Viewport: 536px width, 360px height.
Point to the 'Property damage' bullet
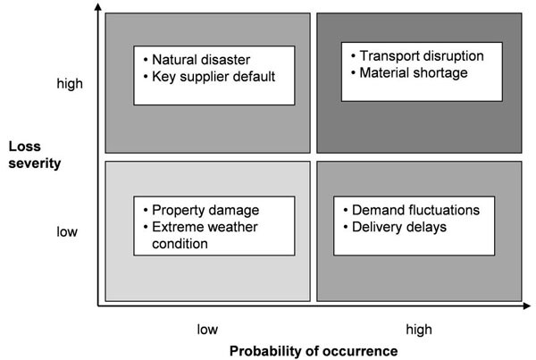point(205,211)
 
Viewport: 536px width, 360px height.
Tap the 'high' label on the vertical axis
point(69,83)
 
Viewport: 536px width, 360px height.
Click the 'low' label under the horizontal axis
point(207,329)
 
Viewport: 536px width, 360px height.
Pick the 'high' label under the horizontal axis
point(419,329)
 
